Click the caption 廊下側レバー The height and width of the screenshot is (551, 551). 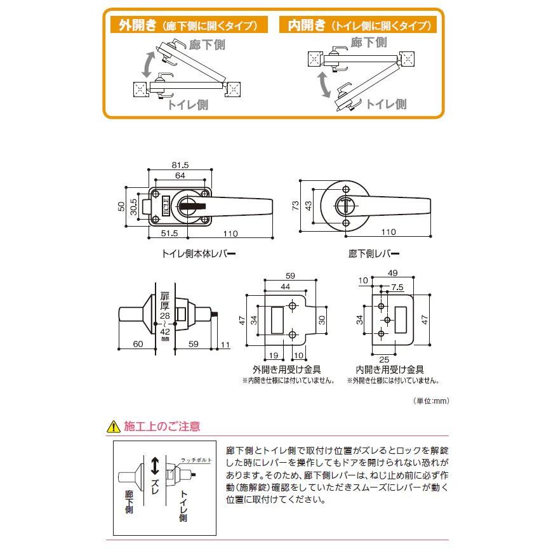click(x=375, y=253)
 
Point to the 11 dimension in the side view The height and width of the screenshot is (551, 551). click(x=225, y=345)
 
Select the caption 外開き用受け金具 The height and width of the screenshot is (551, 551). click(x=286, y=369)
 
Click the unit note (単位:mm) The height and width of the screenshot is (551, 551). click(x=431, y=401)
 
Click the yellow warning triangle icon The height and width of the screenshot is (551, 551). click(x=114, y=426)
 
